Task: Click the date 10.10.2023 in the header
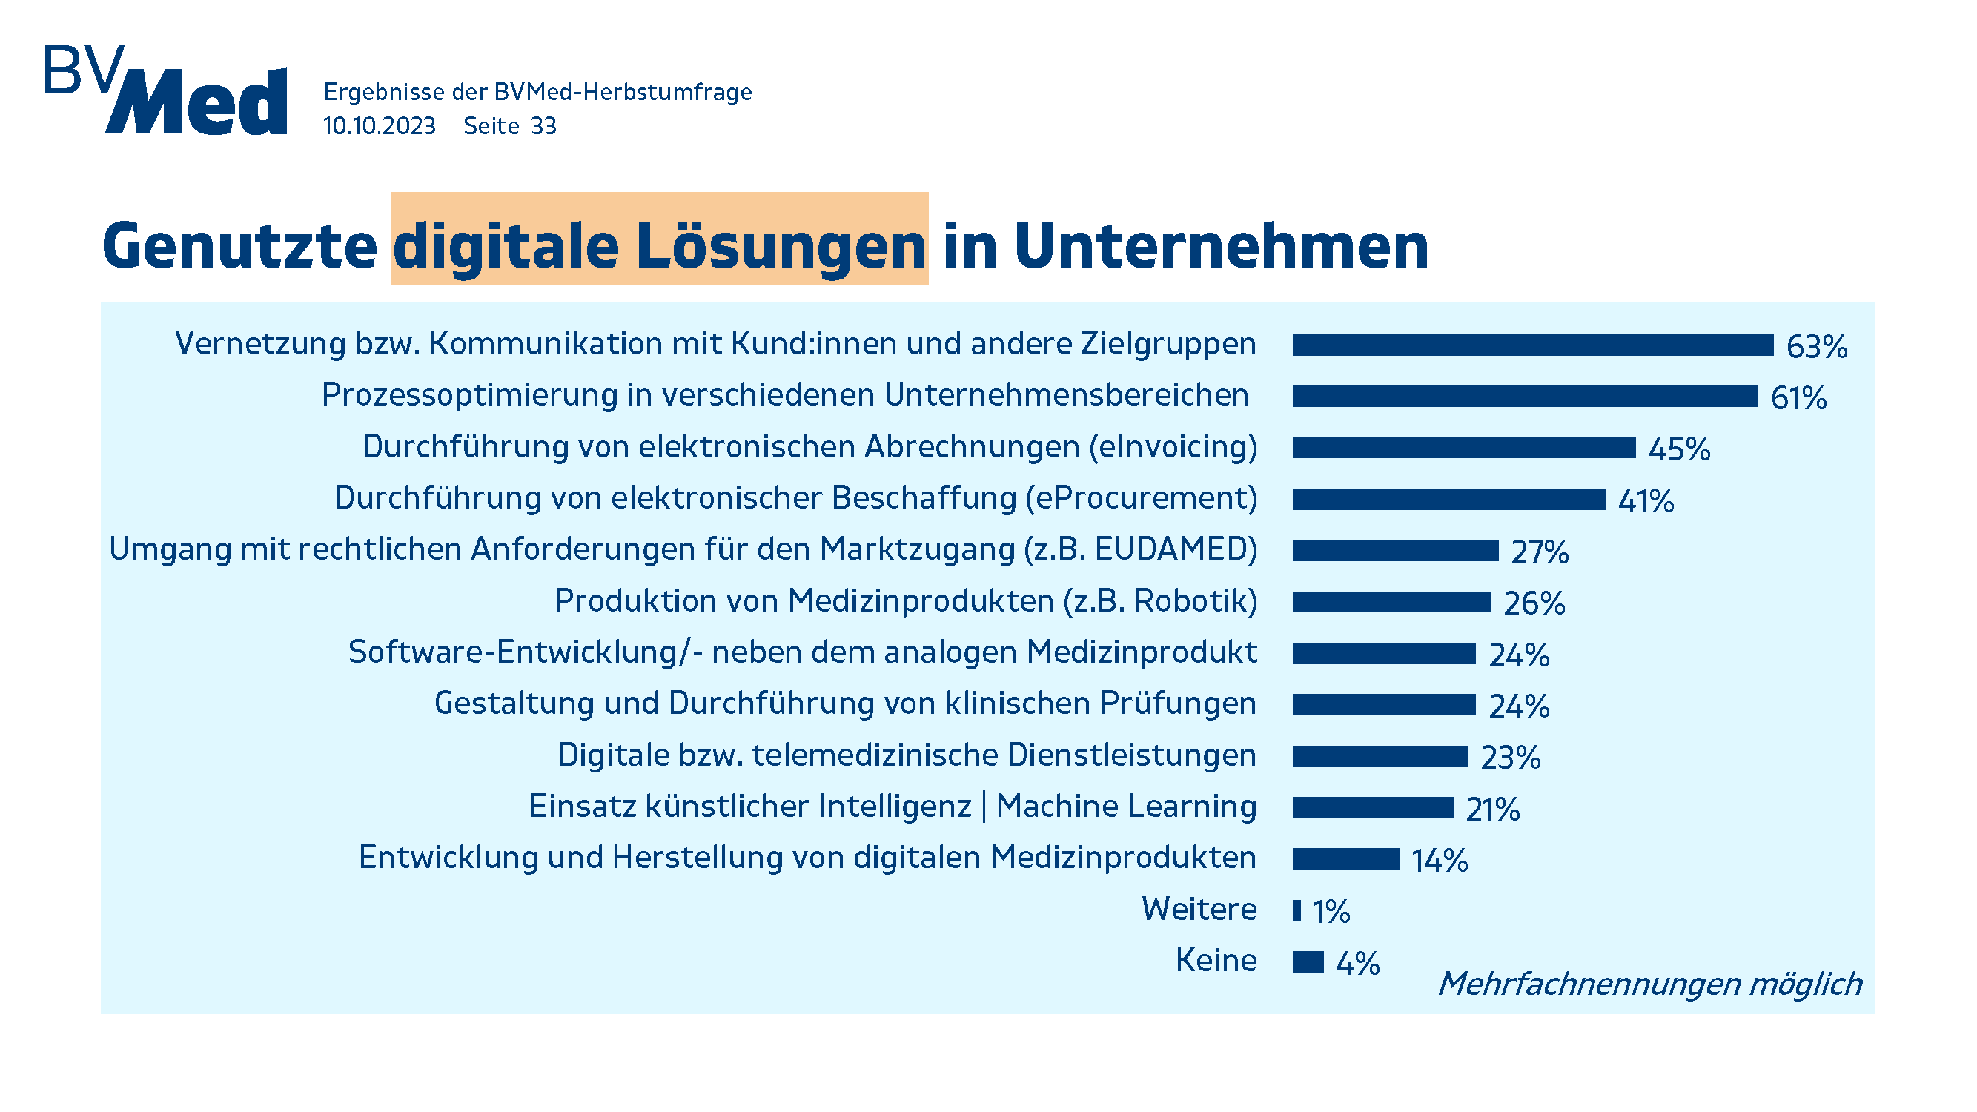(x=379, y=126)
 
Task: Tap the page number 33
(x=543, y=126)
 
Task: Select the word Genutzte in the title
(x=239, y=246)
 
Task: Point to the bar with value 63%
(x=1532, y=345)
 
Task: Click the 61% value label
(x=1798, y=397)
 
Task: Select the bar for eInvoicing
(x=1463, y=449)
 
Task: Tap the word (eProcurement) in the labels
(x=1142, y=498)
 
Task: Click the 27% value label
(x=1540, y=552)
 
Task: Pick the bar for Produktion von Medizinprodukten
(x=1391, y=603)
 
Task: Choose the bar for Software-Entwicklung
(x=1384, y=654)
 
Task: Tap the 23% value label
(x=1511, y=758)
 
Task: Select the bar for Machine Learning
(x=1372, y=808)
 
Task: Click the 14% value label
(x=1440, y=860)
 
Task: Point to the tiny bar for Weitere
(x=1297, y=911)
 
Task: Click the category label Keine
(x=1216, y=961)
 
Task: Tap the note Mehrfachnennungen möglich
(x=1650, y=984)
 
